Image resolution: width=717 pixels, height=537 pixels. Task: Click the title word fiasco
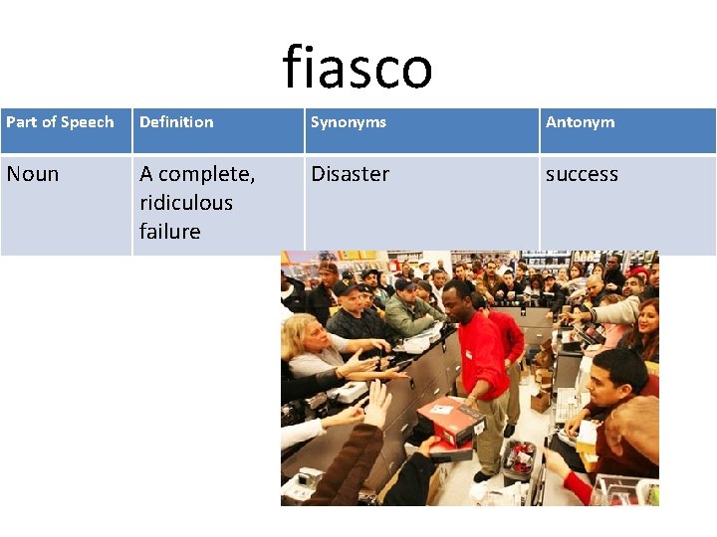pos(358,68)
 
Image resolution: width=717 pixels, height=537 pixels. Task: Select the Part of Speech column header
pos(60,122)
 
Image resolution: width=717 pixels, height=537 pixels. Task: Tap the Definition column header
pos(176,122)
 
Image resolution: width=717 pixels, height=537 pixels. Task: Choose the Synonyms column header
pos(349,122)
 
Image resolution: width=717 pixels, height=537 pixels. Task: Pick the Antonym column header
pos(581,122)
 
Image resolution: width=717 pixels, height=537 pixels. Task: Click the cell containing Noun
pos(33,174)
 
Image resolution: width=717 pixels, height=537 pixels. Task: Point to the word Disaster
pos(351,174)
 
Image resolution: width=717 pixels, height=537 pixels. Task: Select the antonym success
pos(582,174)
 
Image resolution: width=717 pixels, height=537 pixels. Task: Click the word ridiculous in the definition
pos(186,203)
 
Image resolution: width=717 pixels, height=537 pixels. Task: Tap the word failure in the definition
pos(170,232)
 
